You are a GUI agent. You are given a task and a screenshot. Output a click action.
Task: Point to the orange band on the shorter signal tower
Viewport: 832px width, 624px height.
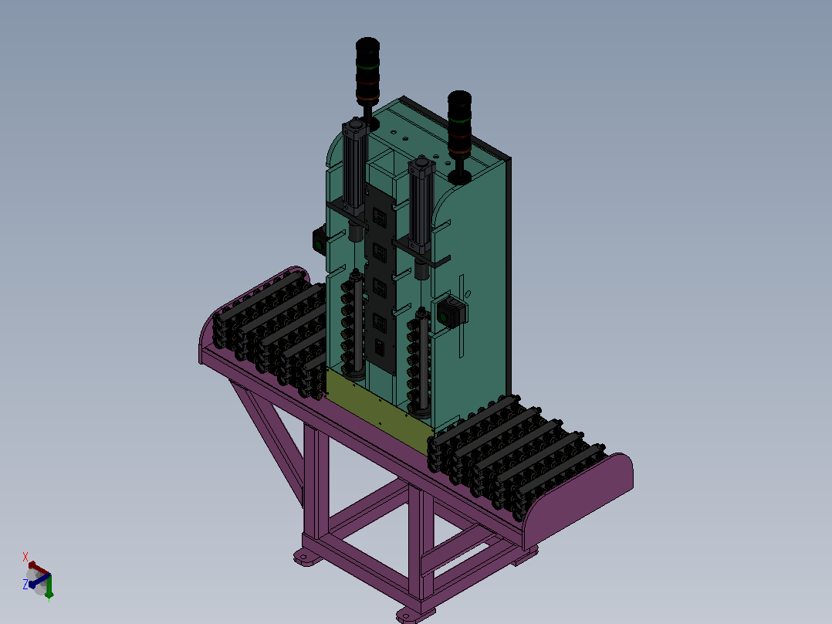[459, 152]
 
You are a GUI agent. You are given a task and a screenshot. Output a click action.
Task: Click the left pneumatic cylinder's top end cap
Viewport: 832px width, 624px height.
[355, 128]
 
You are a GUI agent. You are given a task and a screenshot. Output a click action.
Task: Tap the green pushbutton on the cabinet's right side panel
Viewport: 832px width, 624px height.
[445, 317]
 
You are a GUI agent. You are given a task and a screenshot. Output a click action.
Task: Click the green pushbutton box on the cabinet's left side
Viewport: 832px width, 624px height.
[320, 242]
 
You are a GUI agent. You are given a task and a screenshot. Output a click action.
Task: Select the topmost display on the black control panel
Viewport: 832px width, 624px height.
[380, 217]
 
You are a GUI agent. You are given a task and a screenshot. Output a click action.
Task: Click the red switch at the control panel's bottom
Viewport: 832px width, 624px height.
[380, 348]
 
